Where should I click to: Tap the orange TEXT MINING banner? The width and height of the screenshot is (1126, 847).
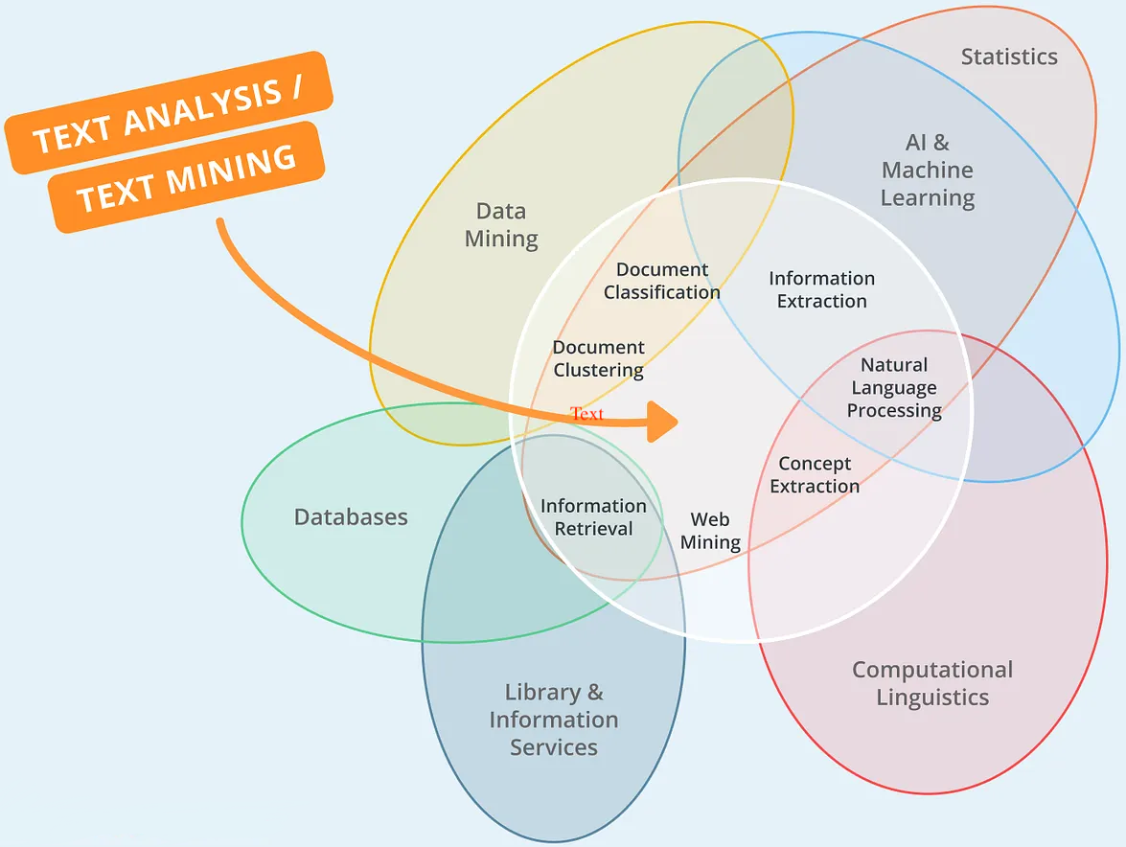(x=186, y=177)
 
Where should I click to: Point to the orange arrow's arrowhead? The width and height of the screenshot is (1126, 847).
(x=663, y=422)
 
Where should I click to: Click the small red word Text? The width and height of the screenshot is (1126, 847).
(x=587, y=414)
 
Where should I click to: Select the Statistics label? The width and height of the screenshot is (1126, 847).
(x=1009, y=57)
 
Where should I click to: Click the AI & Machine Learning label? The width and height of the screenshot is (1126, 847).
(x=928, y=171)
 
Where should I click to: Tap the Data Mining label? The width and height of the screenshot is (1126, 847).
(x=501, y=225)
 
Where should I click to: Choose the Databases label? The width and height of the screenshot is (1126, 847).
(x=351, y=517)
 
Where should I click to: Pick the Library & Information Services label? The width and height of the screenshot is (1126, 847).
(x=554, y=720)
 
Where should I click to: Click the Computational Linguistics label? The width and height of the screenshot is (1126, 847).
(x=932, y=683)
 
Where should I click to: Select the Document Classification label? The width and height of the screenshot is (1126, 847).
(x=662, y=281)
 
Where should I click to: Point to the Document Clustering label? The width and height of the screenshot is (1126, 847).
(x=599, y=358)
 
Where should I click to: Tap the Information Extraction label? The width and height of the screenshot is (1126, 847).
(x=822, y=289)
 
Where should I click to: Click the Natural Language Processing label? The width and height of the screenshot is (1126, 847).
(x=894, y=388)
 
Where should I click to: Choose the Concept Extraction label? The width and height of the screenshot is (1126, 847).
(x=815, y=474)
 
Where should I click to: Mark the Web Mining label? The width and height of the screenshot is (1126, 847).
(x=710, y=531)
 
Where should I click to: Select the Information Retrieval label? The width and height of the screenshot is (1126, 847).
(x=593, y=517)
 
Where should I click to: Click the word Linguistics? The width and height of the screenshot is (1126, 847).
(x=932, y=698)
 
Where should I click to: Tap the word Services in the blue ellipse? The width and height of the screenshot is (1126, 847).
(x=554, y=747)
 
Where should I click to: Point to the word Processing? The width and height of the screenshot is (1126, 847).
(x=894, y=411)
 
